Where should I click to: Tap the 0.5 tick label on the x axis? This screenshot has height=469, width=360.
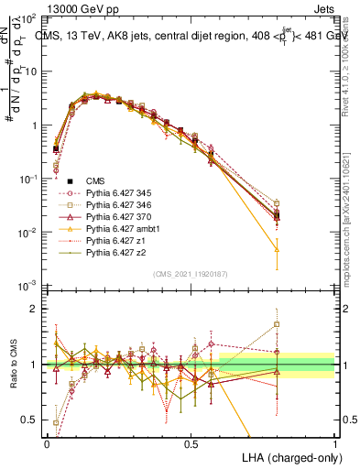click(x=191, y=442)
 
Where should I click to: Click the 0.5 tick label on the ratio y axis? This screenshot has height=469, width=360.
click(x=34, y=420)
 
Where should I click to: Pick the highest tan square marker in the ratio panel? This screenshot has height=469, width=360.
click(x=278, y=324)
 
